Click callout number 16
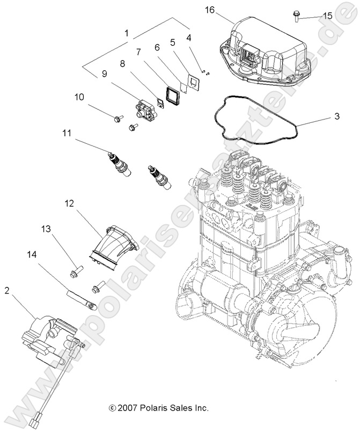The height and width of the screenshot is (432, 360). (x=209, y=10)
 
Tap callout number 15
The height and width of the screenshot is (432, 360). (x=327, y=16)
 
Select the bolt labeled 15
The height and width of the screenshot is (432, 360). (x=296, y=17)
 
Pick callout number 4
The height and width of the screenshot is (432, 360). (x=188, y=38)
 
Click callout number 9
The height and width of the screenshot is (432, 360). (x=104, y=75)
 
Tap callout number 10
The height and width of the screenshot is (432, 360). (x=79, y=97)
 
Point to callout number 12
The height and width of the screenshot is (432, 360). (x=69, y=204)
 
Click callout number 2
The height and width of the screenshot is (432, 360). (x=7, y=291)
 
